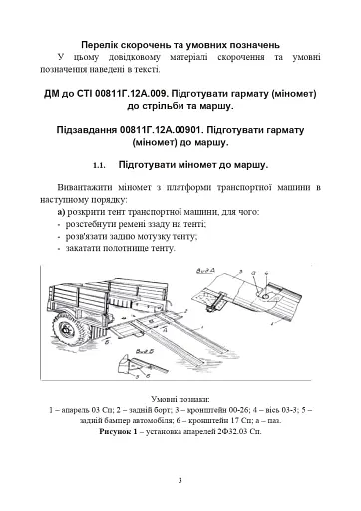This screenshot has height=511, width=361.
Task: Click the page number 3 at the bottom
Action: pos(180,480)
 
